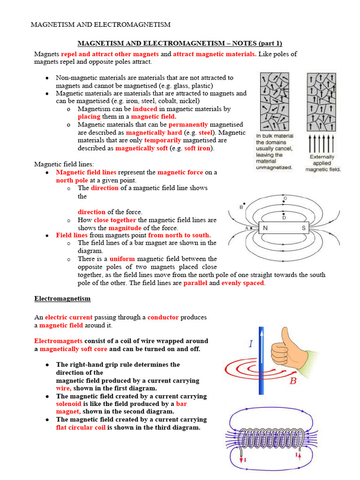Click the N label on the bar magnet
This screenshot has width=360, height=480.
(265, 228)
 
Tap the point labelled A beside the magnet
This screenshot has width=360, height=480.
(247, 228)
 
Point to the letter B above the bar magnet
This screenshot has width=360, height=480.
(241, 207)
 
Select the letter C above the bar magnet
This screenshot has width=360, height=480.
(285, 199)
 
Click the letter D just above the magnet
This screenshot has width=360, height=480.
(284, 217)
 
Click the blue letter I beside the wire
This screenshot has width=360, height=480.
(251, 344)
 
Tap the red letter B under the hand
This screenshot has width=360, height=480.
(293, 381)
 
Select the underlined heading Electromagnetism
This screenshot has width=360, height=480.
(62, 299)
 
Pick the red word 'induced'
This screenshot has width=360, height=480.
(145, 109)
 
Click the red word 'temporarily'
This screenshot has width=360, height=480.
(164, 140)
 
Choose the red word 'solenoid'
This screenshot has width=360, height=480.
(68, 404)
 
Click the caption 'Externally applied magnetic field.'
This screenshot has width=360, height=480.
(323, 163)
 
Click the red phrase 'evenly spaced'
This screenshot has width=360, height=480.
(242, 283)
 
